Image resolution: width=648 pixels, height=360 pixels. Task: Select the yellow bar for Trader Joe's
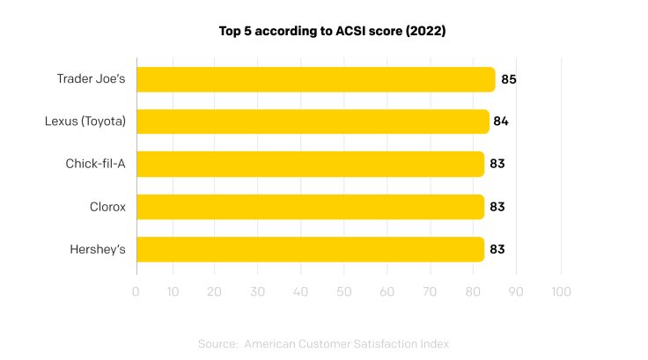pyautogui.click(x=315, y=79)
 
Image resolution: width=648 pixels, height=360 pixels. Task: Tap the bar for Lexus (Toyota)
pyautogui.click(x=313, y=121)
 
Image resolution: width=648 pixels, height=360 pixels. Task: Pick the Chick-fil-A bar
pyautogui.click(x=310, y=164)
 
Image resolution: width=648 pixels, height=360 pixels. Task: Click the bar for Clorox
pyautogui.click(x=310, y=207)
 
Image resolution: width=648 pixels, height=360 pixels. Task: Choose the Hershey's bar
pyautogui.click(x=310, y=249)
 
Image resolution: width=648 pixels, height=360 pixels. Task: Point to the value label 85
pyautogui.click(x=508, y=79)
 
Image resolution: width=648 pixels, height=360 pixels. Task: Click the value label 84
pyautogui.click(x=501, y=121)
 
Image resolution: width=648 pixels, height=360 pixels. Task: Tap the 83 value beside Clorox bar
pyautogui.click(x=497, y=207)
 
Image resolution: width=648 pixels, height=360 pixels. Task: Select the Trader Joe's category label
pyautogui.click(x=92, y=79)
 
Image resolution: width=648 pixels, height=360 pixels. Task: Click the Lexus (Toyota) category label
pyautogui.click(x=85, y=121)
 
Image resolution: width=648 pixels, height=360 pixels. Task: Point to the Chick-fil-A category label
pyautogui.click(x=95, y=164)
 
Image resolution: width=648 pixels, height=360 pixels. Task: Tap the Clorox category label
pyautogui.click(x=107, y=207)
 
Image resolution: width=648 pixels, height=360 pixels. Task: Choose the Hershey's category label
pyautogui.click(x=98, y=249)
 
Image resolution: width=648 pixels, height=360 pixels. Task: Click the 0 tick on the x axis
pyautogui.click(x=136, y=291)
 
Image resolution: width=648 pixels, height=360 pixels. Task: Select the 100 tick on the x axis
pyautogui.click(x=561, y=291)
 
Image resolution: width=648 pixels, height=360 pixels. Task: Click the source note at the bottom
pyautogui.click(x=324, y=343)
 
